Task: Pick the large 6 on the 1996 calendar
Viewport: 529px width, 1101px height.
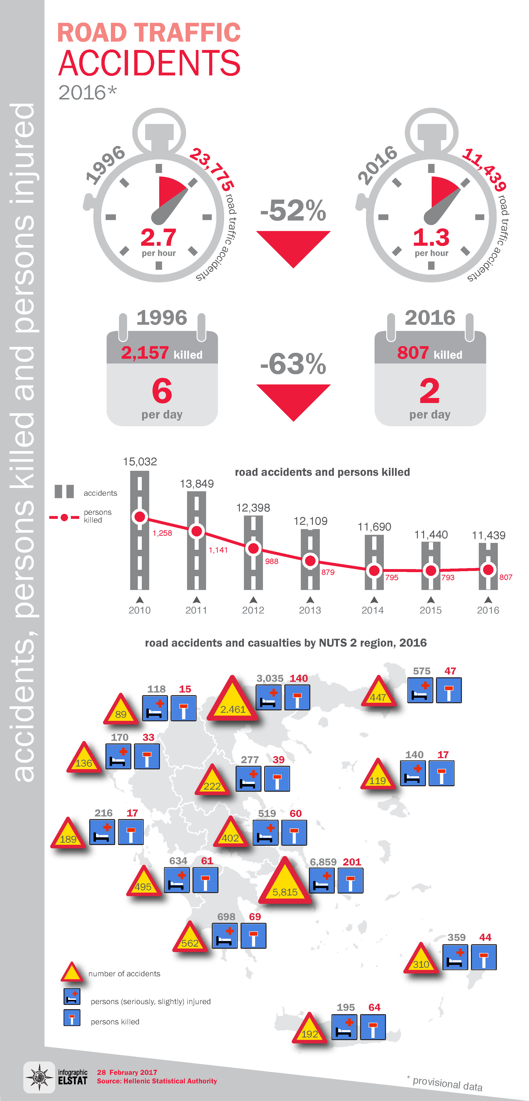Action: tap(162, 391)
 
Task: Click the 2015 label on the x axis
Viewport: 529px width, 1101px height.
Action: tap(430, 610)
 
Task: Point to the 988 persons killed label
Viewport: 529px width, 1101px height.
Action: tap(272, 561)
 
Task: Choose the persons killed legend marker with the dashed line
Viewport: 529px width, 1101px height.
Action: tap(64, 517)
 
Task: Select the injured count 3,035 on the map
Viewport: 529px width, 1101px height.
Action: tap(270, 678)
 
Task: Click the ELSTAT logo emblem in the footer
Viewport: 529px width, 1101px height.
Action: tap(39, 1077)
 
